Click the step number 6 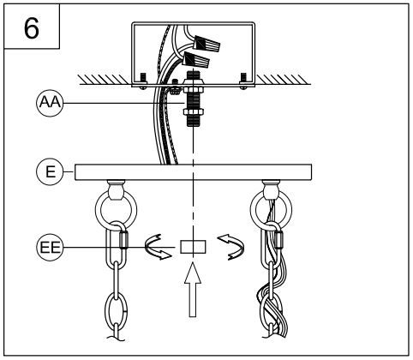[31, 28]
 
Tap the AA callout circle [50, 103]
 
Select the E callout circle [50, 172]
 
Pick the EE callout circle [50, 248]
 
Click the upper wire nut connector [206, 43]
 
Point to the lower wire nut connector [196, 60]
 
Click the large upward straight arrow [193, 290]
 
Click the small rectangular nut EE [193, 247]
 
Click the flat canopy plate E [193, 172]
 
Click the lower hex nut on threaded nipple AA [194, 111]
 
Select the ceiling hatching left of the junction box [105, 80]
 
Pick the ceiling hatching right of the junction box [283, 80]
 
